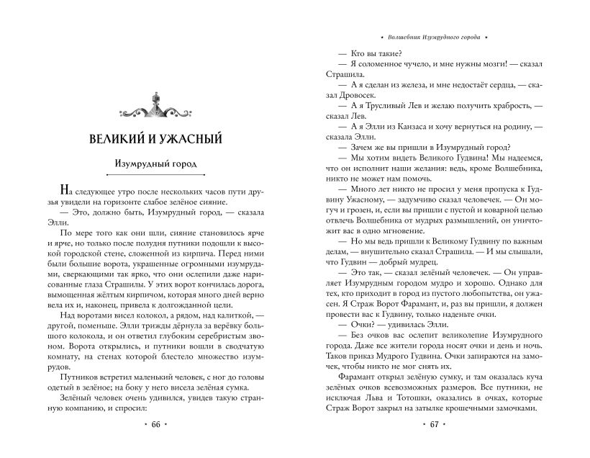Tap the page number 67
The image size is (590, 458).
434,425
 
